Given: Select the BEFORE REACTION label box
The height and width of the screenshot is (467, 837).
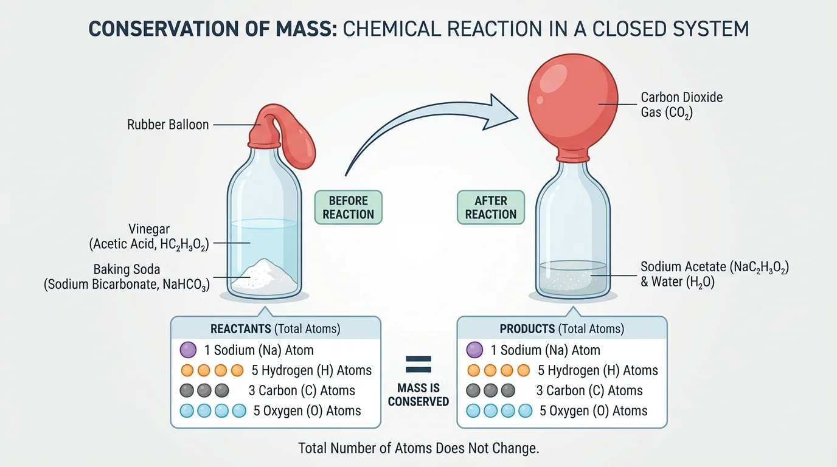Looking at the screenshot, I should [348, 207].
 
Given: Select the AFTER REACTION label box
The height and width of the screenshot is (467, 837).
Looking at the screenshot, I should [490, 207].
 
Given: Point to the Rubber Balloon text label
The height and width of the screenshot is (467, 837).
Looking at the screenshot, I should [168, 125].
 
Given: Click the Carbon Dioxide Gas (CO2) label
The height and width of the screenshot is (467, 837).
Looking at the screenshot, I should [681, 105].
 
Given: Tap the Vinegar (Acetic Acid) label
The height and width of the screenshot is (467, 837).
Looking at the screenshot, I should [149, 237].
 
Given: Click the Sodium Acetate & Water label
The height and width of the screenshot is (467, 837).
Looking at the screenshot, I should [714, 275].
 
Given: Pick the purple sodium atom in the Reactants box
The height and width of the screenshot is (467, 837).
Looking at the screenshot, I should [189, 350].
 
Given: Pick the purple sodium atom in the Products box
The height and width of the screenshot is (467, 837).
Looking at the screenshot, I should [474, 350].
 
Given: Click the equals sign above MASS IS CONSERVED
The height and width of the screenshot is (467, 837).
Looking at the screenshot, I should [418, 365].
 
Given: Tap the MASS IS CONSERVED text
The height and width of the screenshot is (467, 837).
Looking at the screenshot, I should [418, 395].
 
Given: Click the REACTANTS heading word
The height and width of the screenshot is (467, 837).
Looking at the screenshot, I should [241, 329].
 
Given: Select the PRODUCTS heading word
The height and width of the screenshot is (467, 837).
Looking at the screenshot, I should [527, 329].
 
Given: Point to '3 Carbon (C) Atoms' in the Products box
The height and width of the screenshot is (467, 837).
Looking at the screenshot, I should [589, 390].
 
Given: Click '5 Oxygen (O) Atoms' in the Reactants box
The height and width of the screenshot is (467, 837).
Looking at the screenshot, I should [307, 411].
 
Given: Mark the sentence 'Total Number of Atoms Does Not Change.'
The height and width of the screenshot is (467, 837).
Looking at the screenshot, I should [418, 449].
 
